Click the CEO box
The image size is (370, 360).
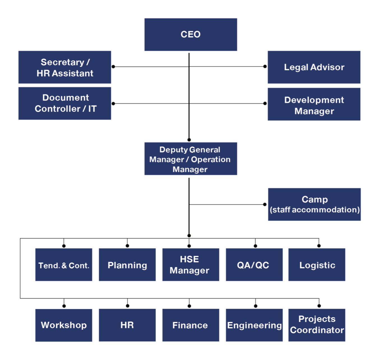click(191, 34)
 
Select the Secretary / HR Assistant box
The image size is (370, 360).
click(65, 67)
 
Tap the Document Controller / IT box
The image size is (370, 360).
click(65, 103)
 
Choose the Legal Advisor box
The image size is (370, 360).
click(314, 67)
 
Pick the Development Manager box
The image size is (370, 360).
click(314, 104)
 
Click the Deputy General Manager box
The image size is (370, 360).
click(191, 159)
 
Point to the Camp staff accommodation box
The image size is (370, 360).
click(314, 204)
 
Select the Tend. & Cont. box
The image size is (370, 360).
click(64, 265)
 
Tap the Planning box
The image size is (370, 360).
click(127, 265)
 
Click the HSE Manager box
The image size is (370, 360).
click(191, 265)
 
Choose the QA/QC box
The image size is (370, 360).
click(254, 265)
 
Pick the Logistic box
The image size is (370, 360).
click(317, 265)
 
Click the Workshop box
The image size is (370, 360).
click(64, 325)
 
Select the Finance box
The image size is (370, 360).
click(191, 325)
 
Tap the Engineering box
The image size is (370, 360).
click(254, 325)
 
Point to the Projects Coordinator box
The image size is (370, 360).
click(317, 325)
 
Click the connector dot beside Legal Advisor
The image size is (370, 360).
click(265, 67)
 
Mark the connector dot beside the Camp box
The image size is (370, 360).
click(265, 204)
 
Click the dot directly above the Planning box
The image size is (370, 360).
click(127, 246)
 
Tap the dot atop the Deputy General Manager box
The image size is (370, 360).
click(189, 140)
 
